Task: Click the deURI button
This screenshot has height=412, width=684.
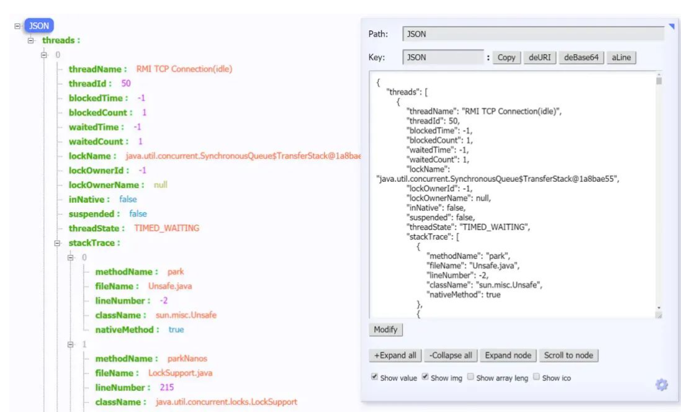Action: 539,58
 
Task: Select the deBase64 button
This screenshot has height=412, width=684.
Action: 581,58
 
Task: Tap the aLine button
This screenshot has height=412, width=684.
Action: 621,58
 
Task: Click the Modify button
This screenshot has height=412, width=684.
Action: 385,329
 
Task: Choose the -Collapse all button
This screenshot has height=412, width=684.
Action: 451,356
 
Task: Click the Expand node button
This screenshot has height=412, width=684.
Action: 508,356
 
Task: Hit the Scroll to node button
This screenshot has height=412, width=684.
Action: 568,356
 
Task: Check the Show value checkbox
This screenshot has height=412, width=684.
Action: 375,377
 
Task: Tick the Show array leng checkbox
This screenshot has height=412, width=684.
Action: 470,377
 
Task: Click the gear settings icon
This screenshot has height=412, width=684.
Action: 662,385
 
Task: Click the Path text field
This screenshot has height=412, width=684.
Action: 533,34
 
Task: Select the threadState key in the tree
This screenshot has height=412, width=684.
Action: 96,228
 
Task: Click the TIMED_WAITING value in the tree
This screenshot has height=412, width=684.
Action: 166,228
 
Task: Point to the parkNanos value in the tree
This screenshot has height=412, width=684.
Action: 187,359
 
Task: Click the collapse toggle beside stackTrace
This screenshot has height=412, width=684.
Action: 58,243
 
